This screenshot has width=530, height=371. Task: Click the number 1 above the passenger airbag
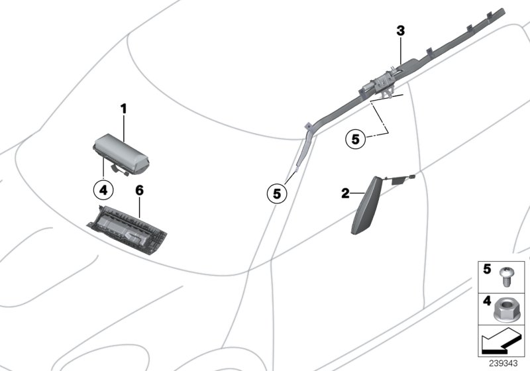tap(123, 108)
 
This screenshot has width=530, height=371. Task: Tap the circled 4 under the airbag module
tap(103, 189)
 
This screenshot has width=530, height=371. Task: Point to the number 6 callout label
tap(139, 190)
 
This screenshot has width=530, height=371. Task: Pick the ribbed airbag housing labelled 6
tap(130, 229)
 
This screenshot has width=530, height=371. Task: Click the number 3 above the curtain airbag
tap(400, 30)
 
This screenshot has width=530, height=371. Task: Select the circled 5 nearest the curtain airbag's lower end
tap(276, 193)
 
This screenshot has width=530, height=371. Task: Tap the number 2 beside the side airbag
tap(345, 193)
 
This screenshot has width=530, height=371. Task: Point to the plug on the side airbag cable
tap(411, 176)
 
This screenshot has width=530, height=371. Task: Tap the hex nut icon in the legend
tap(507, 308)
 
